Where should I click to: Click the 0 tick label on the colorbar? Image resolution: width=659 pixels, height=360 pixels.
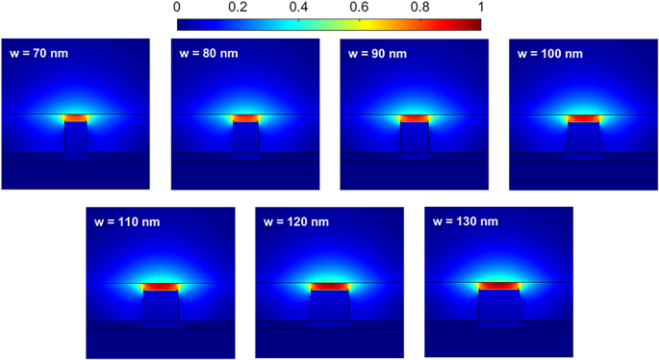tap(178, 8)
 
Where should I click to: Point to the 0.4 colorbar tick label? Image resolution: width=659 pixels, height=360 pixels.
tap(298, 8)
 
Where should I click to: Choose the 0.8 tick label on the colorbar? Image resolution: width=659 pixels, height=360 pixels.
tap(419, 8)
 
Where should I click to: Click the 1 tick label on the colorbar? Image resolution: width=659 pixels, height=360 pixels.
tap(478, 8)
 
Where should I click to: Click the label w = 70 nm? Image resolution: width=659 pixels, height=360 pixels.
tap(39, 53)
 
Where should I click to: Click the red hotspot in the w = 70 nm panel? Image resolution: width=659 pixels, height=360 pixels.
tap(75, 118)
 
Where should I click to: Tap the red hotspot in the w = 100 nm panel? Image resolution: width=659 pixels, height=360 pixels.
tap(583, 118)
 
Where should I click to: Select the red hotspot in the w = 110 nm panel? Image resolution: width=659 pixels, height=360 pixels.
tap(160, 287)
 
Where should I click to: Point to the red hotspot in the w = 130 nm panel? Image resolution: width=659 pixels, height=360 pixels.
tap(499, 286)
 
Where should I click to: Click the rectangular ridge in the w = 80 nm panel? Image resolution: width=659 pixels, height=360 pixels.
tap(245, 137)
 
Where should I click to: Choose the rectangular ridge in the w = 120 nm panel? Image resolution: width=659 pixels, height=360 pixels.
tap(329, 306)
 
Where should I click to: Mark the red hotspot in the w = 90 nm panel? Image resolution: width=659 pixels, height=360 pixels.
tap(415, 118)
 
